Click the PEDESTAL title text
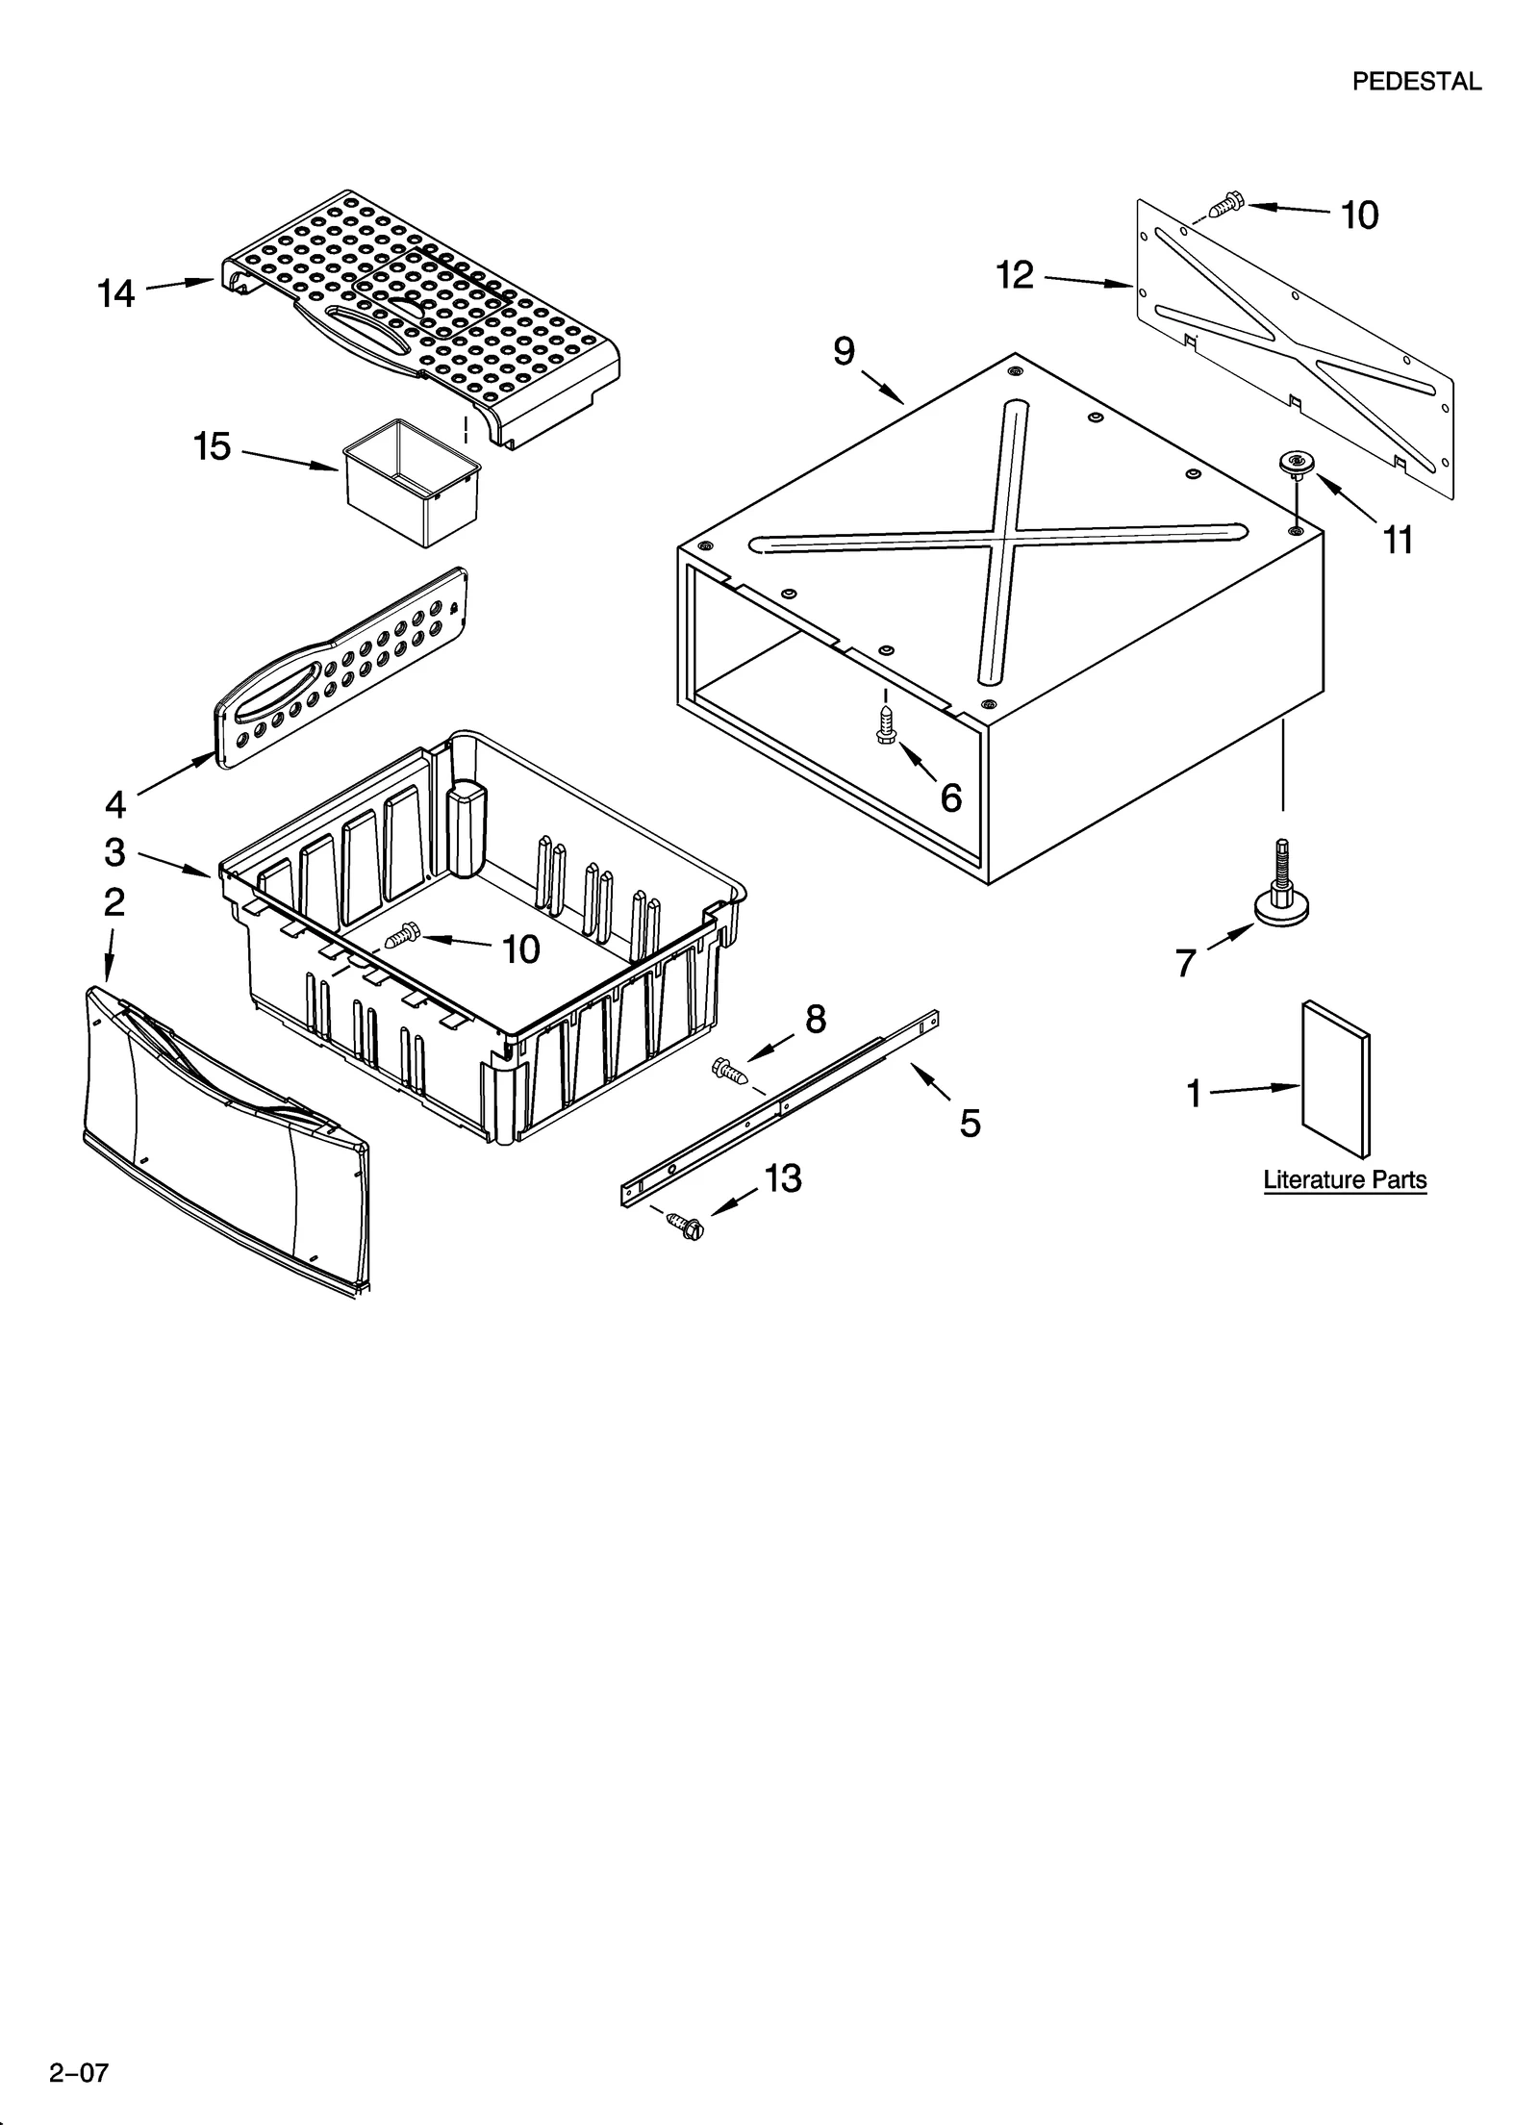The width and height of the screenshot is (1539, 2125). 1416,82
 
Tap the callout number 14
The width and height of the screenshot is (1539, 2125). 116,293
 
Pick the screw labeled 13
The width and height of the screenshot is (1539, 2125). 685,1226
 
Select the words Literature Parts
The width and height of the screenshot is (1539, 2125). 1344,1179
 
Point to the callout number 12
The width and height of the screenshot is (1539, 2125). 1015,275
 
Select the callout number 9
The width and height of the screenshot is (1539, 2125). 844,351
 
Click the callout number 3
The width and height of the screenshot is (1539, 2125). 114,852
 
